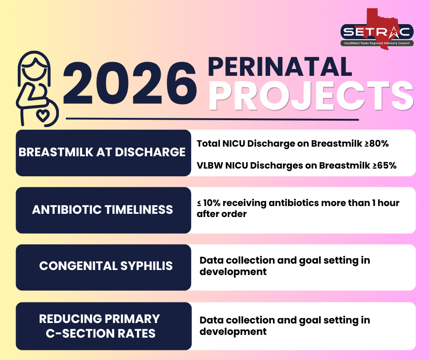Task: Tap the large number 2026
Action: tap(130, 83)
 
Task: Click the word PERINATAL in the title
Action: tap(280, 67)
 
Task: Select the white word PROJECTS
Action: tap(311, 96)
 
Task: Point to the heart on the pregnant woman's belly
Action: tap(43, 115)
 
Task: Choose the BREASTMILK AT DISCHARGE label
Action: tap(102, 152)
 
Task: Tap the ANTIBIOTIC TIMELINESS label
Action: tap(102, 210)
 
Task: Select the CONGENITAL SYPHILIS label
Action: tap(106, 266)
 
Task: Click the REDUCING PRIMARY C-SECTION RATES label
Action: tap(99, 326)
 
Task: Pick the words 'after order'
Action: tap(222, 214)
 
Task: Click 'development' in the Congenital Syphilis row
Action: tap(233, 272)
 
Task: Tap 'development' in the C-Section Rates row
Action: tap(233, 332)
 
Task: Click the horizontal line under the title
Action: tap(212, 119)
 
